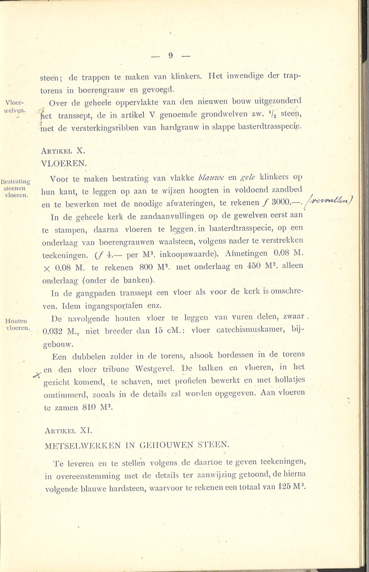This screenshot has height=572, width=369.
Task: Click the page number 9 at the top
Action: pos(171,56)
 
